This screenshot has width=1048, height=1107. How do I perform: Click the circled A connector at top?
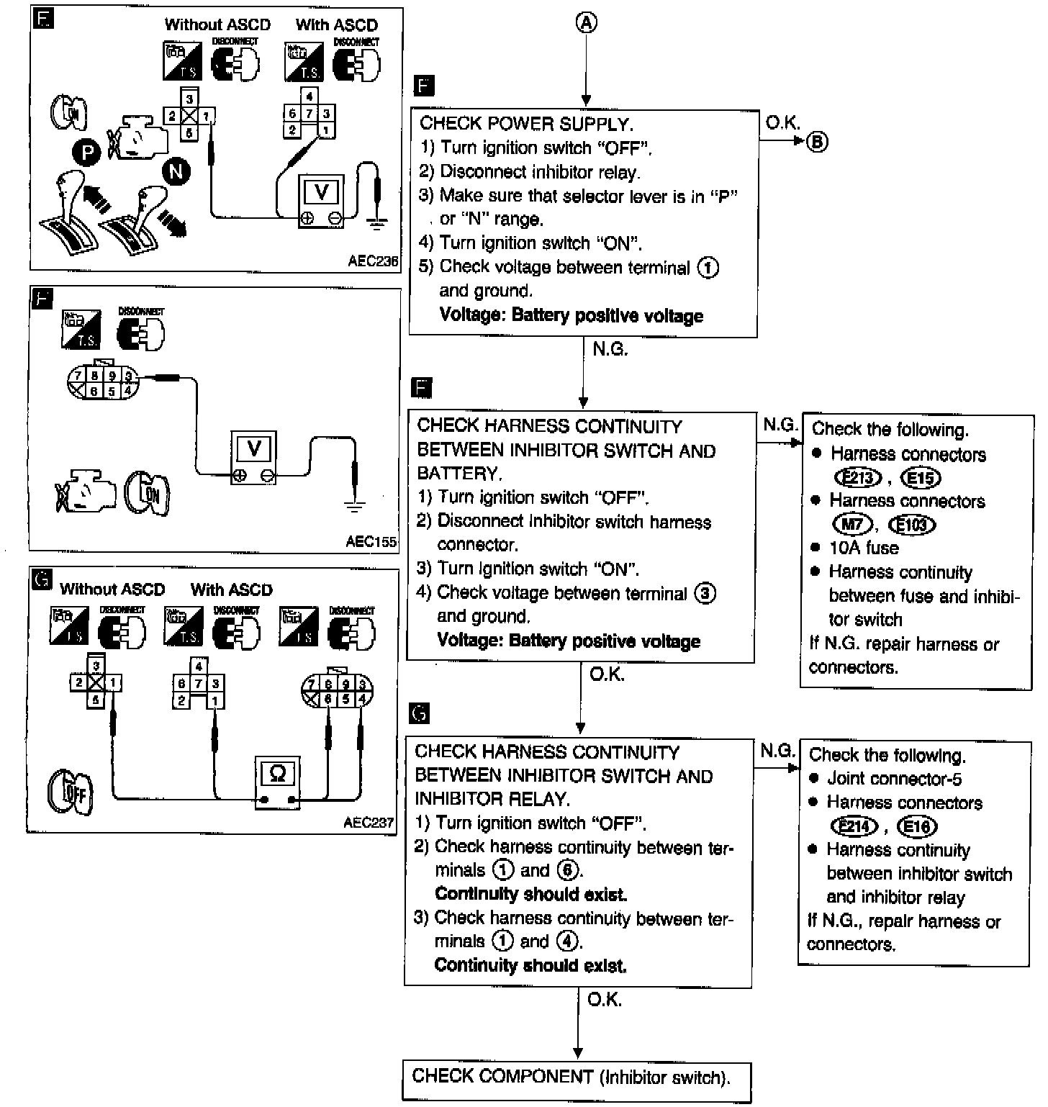pyautogui.click(x=587, y=23)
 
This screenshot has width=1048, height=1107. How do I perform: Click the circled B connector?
pyautogui.click(x=816, y=142)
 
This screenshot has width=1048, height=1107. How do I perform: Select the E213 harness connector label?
pyautogui.click(x=858, y=478)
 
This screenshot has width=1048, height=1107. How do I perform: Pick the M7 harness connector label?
pyautogui.click(x=852, y=524)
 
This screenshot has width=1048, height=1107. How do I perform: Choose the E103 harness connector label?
pyautogui.click(x=913, y=525)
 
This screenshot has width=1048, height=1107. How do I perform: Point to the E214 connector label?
pyautogui.click(x=854, y=826)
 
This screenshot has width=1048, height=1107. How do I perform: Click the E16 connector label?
pyautogui.click(x=917, y=826)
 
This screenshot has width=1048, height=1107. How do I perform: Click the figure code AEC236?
pyautogui.click(x=373, y=261)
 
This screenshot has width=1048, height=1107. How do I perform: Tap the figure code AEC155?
pyautogui.click(x=371, y=541)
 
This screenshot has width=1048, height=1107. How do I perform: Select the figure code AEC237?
pyautogui.click(x=369, y=822)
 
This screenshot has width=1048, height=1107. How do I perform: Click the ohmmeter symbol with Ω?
pyautogui.click(x=278, y=782)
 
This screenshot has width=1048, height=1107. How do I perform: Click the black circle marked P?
pyautogui.click(x=86, y=153)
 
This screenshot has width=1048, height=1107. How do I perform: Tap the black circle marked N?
pyautogui.click(x=176, y=171)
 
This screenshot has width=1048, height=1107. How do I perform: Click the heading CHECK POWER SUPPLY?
pyautogui.click(x=526, y=124)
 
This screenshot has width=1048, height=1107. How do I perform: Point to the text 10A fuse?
pyautogui.click(x=864, y=548)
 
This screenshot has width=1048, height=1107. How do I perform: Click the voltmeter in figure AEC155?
pyautogui.click(x=253, y=457)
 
